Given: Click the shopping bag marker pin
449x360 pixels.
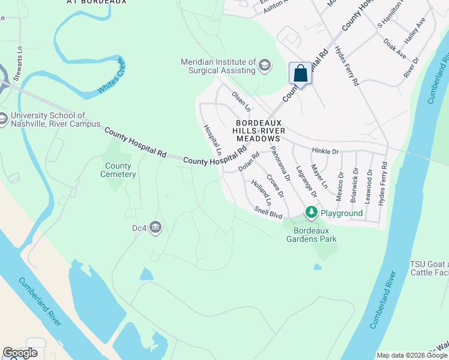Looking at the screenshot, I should [301, 74].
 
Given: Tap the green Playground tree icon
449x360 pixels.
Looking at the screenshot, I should [311, 212].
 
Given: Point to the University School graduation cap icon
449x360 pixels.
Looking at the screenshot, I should [2, 118].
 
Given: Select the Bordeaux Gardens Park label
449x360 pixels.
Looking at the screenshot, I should [315, 235].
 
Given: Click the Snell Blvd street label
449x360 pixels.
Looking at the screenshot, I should [268, 212].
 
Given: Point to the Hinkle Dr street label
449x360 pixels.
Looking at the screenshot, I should [325, 152].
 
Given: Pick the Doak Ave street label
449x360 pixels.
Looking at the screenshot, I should [394, 49].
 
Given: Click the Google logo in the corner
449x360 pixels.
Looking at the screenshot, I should [20, 353].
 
